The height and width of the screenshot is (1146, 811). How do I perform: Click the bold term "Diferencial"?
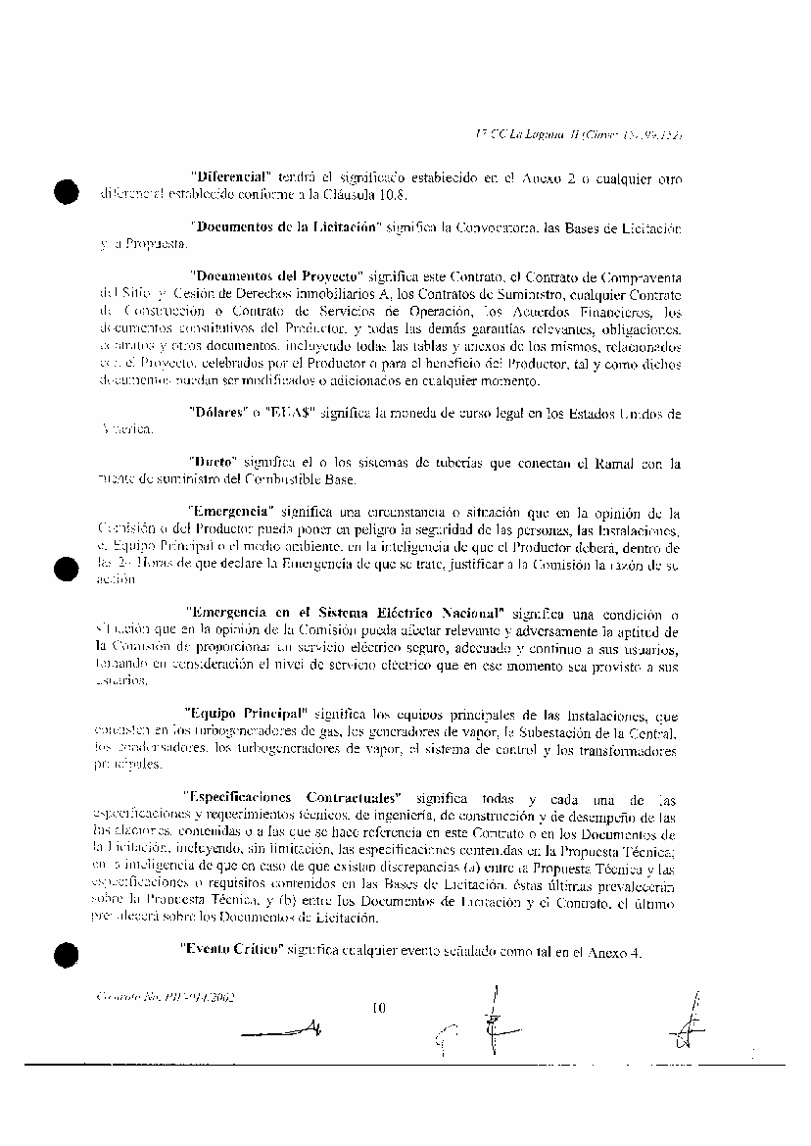(230, 178)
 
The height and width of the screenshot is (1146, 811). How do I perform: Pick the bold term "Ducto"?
(215, 462)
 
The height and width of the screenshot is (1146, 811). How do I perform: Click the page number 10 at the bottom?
(380, 1006)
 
